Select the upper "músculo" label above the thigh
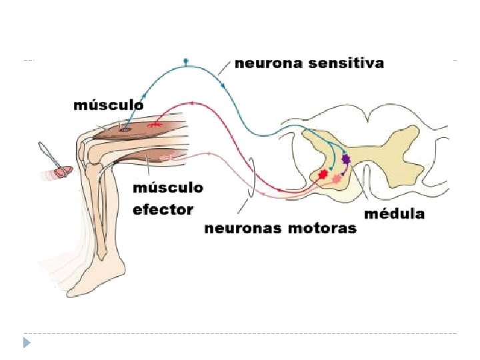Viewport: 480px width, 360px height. tap(107, 105)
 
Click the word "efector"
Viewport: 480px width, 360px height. tap(163, 209)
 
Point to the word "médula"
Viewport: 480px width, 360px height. tap(394, 214)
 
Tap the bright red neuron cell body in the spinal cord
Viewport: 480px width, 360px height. tap(323, 174)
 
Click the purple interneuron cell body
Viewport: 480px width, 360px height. tap(346, 159)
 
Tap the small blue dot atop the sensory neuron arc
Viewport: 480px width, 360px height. tap(186, 61)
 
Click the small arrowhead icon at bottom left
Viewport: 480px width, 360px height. tap(27, 343)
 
